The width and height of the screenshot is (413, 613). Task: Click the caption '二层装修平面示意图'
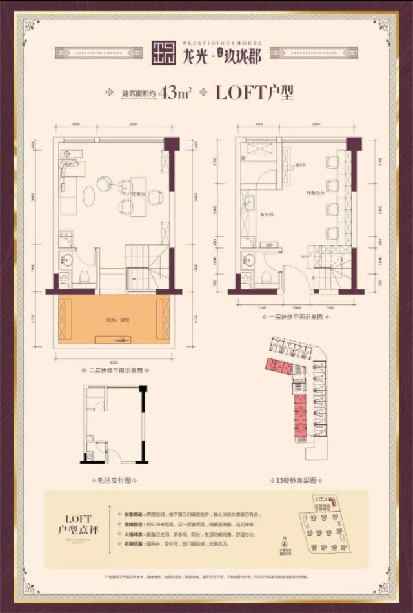click(114, 370)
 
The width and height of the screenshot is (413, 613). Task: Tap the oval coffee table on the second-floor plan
click(88, 196)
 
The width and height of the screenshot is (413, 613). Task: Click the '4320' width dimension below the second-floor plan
click(114, 362)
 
